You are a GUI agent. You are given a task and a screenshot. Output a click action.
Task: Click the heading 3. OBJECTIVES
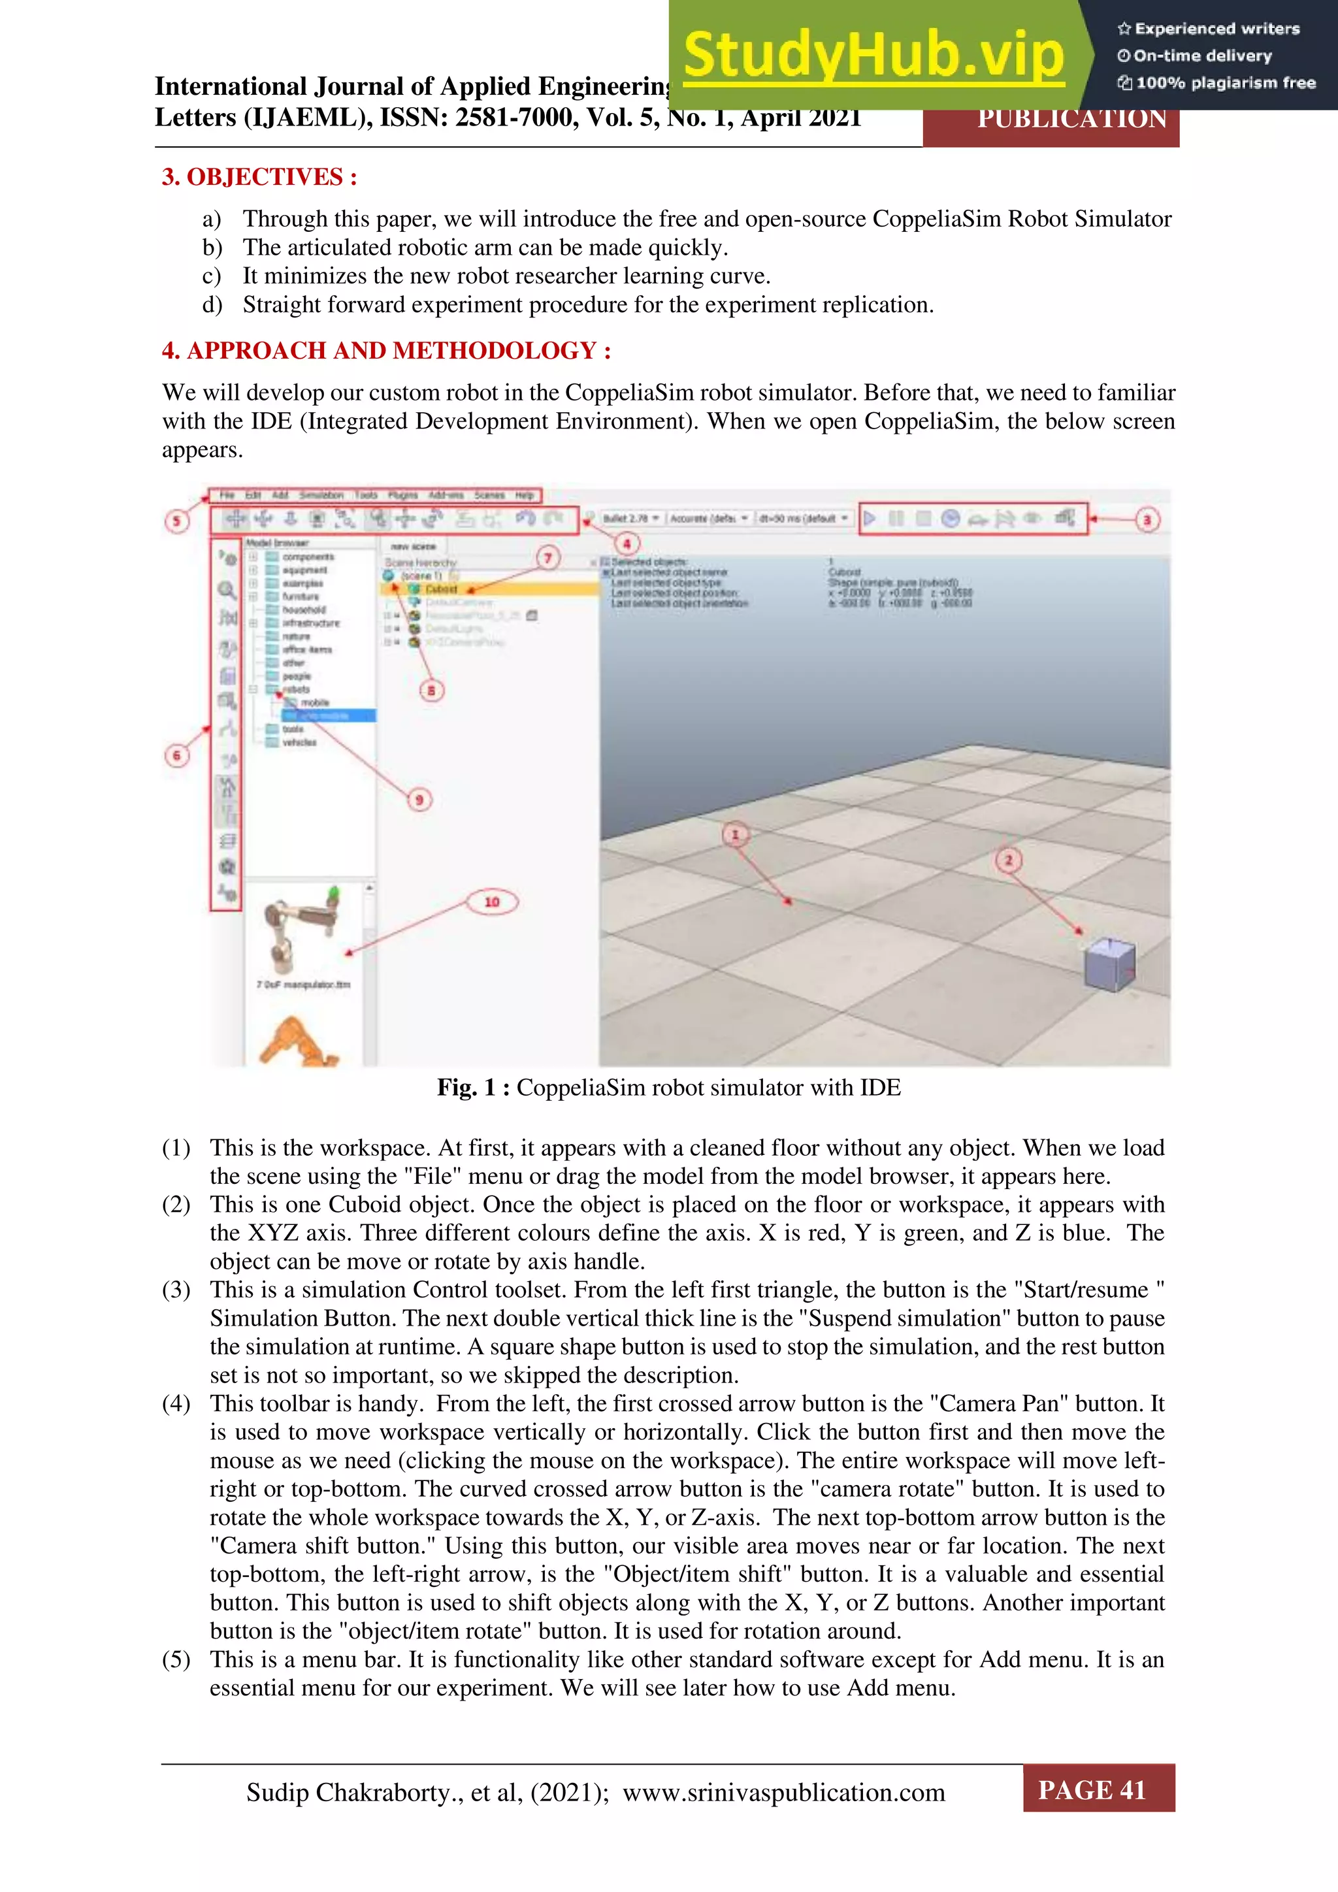259,177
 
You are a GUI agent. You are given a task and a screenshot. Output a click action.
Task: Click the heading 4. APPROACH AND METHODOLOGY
385,351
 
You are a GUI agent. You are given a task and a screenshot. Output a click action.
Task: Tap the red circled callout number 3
1147,520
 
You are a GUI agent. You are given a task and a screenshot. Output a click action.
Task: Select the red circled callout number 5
176,521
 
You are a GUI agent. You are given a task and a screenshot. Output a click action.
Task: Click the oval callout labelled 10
492,902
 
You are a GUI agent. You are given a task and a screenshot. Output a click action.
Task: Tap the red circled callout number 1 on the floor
735,835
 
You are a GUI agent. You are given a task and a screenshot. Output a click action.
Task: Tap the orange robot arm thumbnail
297,1043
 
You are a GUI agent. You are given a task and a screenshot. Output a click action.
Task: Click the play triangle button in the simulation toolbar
870,518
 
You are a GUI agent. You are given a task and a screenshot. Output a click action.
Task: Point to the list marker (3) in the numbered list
176,1290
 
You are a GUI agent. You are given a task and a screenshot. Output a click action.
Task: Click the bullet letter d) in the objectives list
212,305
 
